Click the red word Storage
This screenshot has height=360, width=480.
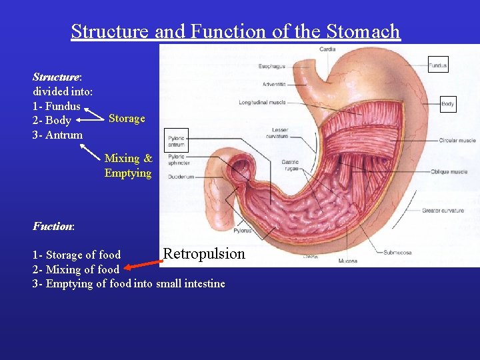coord(127,119)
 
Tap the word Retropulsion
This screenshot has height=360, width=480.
coord(204,253)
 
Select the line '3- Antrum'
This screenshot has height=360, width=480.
coord(58,135)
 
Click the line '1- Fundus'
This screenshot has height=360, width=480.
coord(57,106)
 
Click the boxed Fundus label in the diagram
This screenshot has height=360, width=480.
coord(438,65)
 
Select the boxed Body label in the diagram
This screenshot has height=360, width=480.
coord(448,104)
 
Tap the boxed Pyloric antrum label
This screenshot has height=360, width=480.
coord(177,140)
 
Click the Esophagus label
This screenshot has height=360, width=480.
coord(273,66)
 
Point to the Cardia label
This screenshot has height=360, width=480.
coord(327,49)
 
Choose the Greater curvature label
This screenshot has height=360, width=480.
coord(443,211)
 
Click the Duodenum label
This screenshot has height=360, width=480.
coord(181,177)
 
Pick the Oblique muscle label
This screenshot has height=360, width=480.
coord(449,172)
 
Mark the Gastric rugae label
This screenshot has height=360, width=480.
coord(290,165)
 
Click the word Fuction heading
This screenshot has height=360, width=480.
coord(53,226)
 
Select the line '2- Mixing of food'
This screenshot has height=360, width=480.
coord(76,269)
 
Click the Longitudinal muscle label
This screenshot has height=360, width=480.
coord(263,103)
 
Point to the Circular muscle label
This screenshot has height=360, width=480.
coord(457,141)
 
